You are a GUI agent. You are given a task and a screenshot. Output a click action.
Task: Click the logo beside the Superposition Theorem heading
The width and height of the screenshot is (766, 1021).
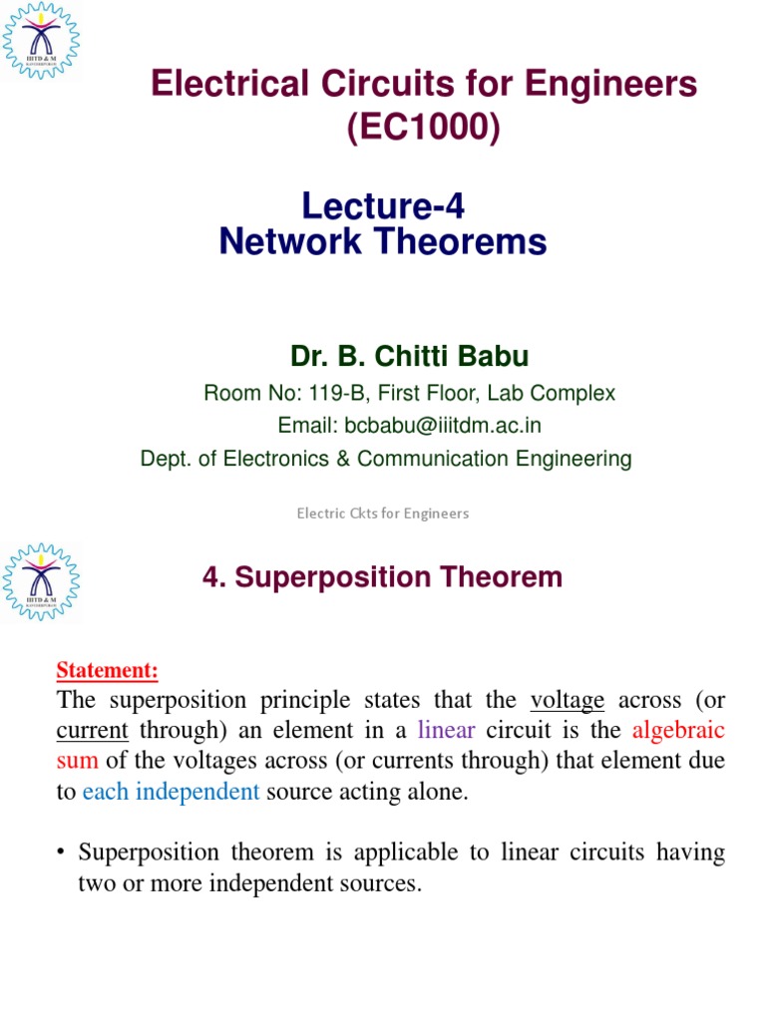pos(40,582)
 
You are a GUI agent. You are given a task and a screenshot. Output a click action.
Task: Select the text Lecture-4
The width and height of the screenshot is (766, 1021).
pos(383,206)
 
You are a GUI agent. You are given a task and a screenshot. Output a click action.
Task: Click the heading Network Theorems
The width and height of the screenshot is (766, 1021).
pos(383,242)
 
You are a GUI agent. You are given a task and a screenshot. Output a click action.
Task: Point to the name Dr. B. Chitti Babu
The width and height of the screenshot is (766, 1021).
pos(410,355)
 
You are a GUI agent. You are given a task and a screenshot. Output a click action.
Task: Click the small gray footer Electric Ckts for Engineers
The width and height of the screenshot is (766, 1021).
pos(383,513)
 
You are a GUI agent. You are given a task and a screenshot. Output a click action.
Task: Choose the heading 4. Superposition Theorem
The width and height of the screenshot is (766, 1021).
pos(383,577)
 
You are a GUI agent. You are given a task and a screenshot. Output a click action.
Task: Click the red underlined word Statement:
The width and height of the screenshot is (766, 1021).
pos(107,670)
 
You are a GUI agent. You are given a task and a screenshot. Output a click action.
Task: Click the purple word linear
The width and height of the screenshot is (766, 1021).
pos(446,731)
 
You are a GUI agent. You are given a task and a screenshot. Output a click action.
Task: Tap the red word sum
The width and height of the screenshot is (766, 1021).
pos(77,762)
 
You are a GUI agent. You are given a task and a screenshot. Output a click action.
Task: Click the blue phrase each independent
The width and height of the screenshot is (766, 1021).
pos(171,793)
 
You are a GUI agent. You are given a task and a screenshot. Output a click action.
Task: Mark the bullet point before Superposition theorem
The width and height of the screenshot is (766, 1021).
pos(62,853)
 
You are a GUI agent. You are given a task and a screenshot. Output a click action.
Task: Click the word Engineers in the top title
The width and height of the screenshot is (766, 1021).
pos(623,86)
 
